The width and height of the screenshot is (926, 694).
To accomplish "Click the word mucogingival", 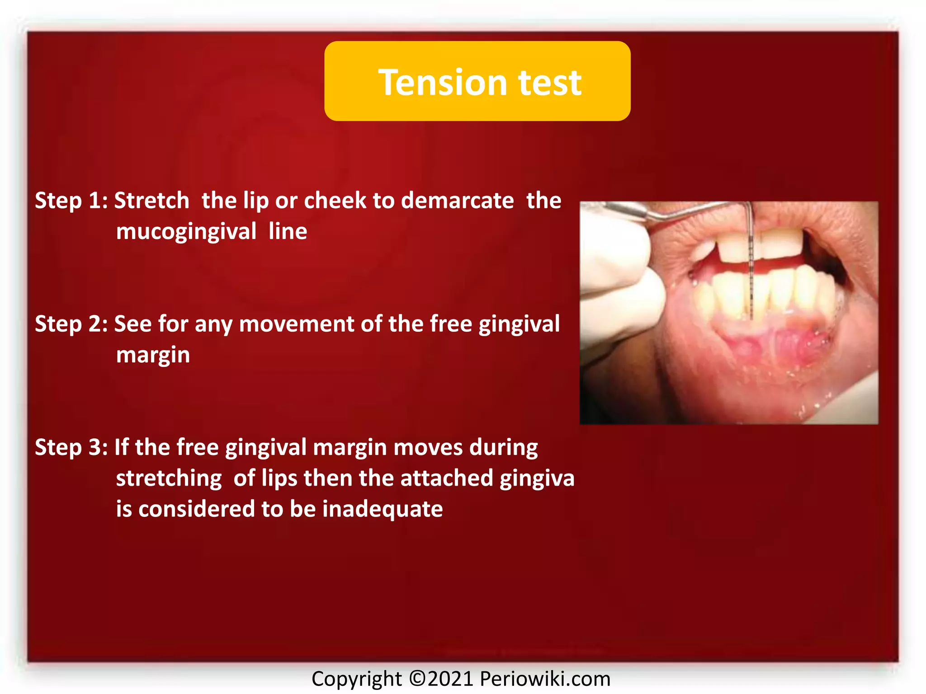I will click(186, 232).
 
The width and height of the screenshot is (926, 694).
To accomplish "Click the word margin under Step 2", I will click(153, 355).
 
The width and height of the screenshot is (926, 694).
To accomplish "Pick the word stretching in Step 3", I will click(169, 478).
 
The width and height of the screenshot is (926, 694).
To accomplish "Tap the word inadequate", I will click(382, 509).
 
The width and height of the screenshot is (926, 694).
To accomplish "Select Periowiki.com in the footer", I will click(545, 679).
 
